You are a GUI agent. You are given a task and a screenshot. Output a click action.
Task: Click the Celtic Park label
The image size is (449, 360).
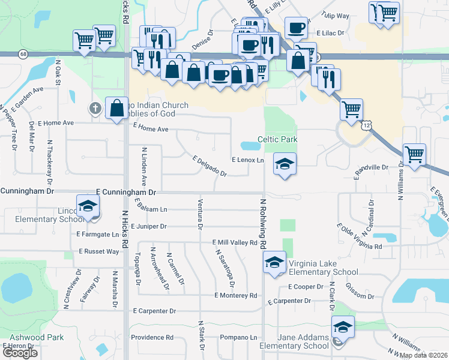click(277, 139)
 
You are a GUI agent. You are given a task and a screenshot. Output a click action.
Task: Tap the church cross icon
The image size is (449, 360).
click(94, 109)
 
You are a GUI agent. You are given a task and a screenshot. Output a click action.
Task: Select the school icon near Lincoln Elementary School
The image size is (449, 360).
click(88, 206)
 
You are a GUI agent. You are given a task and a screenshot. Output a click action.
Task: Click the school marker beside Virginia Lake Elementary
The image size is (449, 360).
click(274, 262)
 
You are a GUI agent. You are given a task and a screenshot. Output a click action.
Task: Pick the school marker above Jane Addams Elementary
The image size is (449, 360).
click(343, 326)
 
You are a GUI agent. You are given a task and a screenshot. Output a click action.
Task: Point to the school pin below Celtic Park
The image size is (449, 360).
click(285, 164)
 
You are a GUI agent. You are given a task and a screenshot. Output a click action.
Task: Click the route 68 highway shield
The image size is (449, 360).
click(23, 54)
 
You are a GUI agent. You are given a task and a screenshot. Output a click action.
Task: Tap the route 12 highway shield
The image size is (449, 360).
click(366, 125)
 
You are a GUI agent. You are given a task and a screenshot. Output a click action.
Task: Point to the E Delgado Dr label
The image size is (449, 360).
click(209, 166)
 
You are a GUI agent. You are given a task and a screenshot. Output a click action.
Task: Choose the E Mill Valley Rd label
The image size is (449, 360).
click(235, 242)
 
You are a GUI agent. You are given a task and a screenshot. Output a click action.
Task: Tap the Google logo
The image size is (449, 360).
click(19, 353)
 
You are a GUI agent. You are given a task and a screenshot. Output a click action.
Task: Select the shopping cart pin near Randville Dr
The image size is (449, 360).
click(414, 154)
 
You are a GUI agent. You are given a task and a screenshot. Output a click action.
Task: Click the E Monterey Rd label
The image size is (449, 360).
click(235, 295)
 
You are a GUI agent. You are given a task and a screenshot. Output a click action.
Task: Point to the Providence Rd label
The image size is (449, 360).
click(152, 337)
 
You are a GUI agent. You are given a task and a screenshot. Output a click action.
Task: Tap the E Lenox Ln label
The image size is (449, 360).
click(248, 160)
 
